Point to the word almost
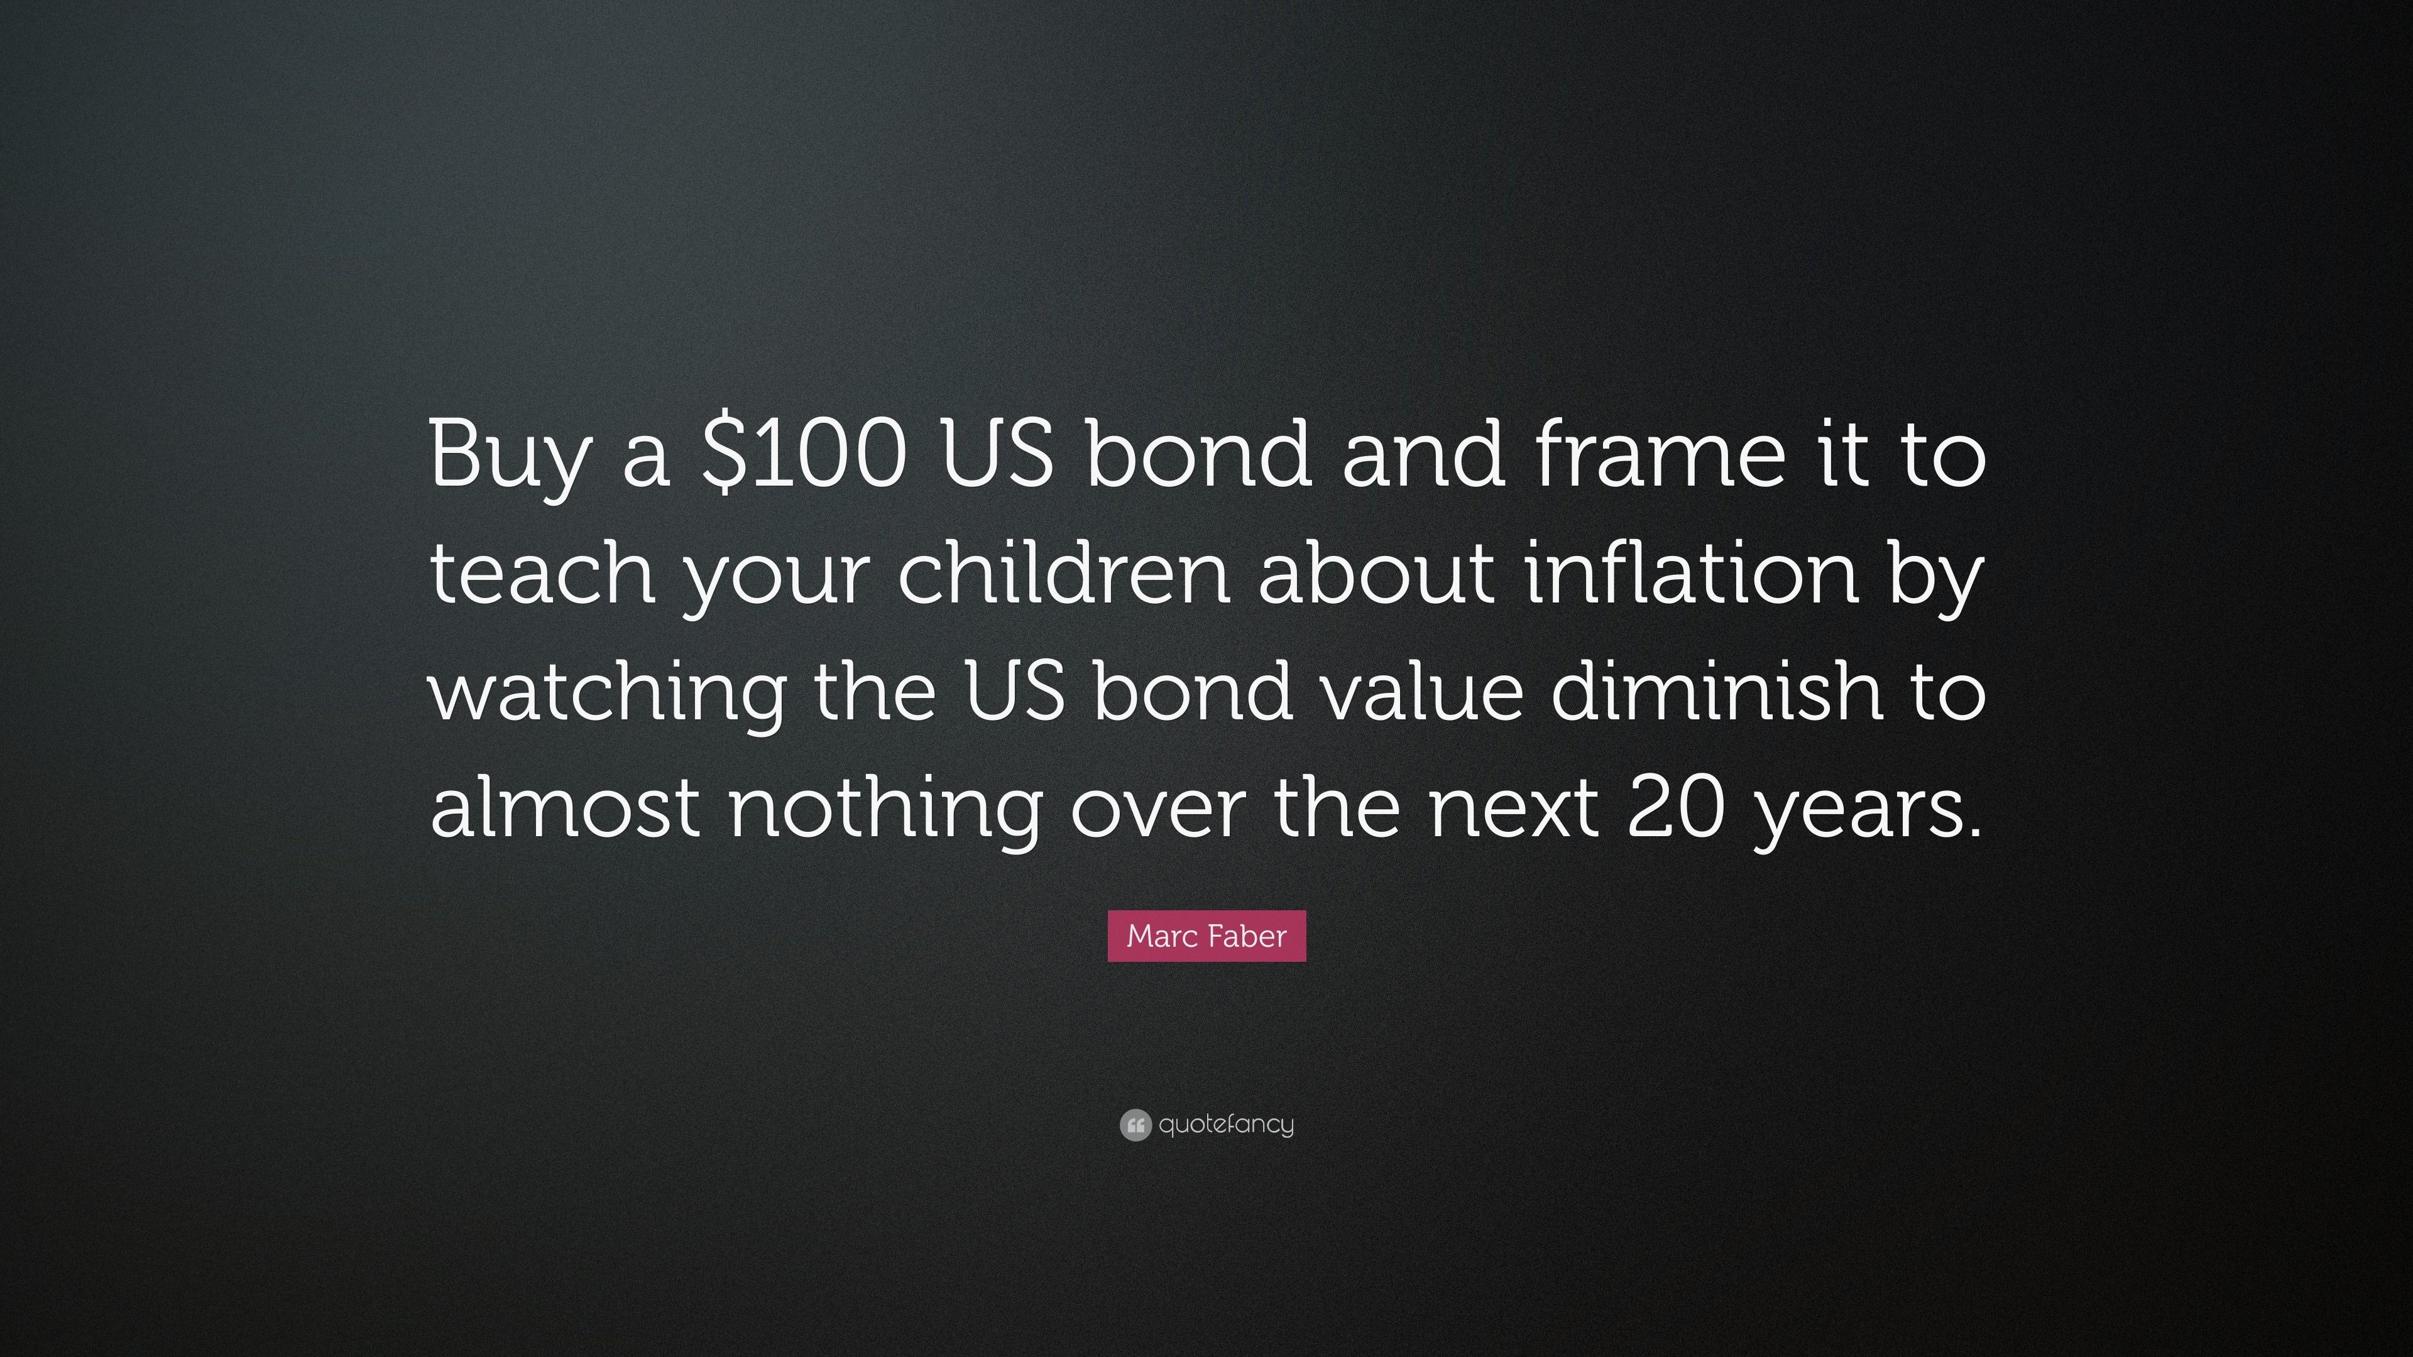coord(566,804)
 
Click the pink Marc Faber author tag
coord(1206,935)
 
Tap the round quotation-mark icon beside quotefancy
coord(1134,1125)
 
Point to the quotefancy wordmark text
coord(1226,1125)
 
